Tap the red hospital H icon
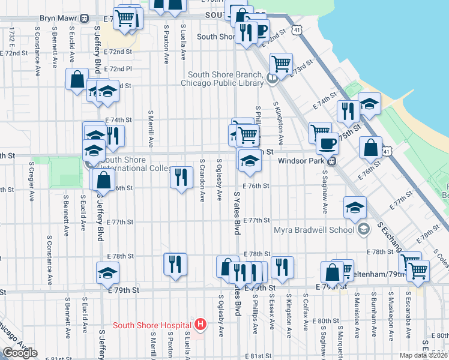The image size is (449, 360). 201,325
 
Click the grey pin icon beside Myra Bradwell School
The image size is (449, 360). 363,229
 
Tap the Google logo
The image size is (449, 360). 20,352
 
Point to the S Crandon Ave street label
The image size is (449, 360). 203,180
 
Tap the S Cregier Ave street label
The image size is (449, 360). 31,183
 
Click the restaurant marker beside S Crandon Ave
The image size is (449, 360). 179,178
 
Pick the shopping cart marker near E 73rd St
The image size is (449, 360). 280,63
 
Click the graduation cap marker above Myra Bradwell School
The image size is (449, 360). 355,208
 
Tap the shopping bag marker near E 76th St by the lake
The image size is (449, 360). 371,147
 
